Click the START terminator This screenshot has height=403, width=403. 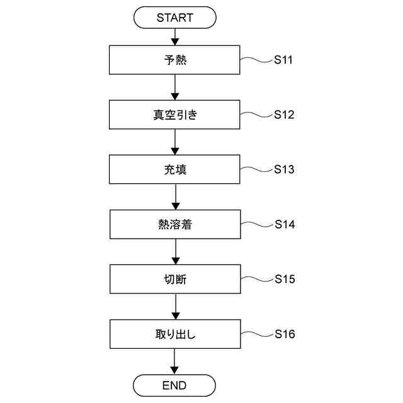pos(174,18)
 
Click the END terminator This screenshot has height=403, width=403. pos(174,384)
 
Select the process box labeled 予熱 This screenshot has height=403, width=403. pos(174,60)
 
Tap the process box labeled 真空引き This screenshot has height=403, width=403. pos(174,115)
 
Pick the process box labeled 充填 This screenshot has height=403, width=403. pos(174,170)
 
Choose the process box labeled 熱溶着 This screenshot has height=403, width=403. pos(174,225)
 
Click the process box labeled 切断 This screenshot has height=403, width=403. pos(174,279)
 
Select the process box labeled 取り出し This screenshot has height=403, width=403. pos(174,334)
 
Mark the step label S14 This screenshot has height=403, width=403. pos(285,225)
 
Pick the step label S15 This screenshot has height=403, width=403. pos(285,279)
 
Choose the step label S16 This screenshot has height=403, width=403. pos(285,334)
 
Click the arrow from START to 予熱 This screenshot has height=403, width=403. pos(174,37)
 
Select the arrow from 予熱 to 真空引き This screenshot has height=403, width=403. pos(174,88)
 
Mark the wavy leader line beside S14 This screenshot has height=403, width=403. pos(256,225)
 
